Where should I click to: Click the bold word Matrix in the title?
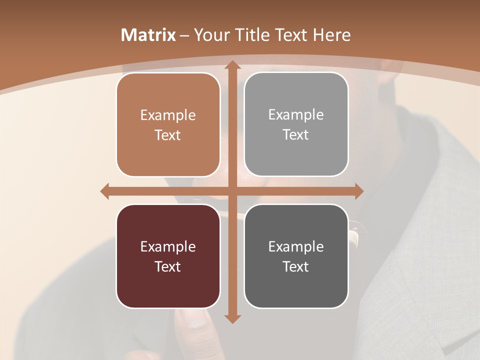pyautogui.click(x=148, y=35)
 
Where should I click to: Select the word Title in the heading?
pyautogui.click(x=252, y=35)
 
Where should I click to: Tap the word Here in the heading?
pyautogui.click(x=331, y=35)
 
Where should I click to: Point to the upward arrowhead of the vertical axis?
pyautogui.click(x=232, y=65)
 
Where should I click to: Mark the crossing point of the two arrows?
pyautogui.click(x=232, y=191)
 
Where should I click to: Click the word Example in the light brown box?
pyautogui.click(x=168, y=115)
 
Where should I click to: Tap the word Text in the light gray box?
pyautogui.click(x=296, y=135)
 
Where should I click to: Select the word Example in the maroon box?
pyautogui.click(x=168, y=246)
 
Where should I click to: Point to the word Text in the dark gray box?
pyautogui.click(x=296, y=266)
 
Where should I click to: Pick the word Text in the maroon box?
pyautogui.click(x=168, y=266)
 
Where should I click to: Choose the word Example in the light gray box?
pyautogui.click(x=296, y=115)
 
